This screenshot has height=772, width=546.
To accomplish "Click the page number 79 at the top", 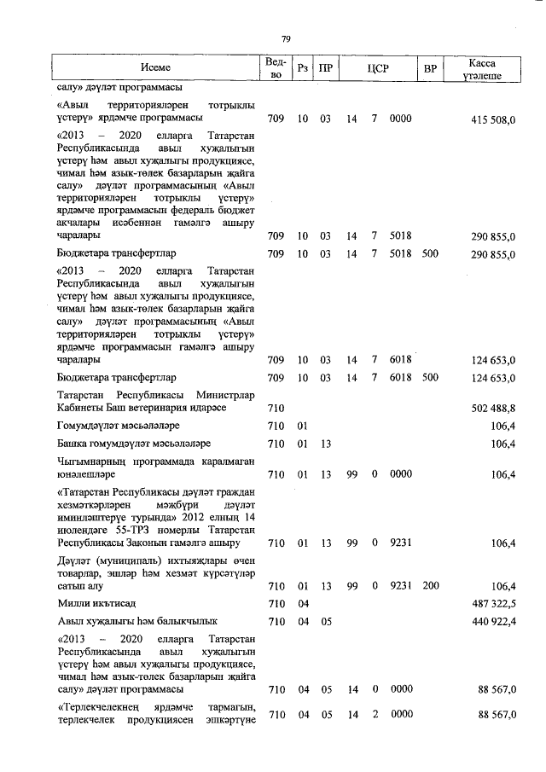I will point(286,38).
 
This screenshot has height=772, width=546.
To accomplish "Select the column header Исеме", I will point(156,67).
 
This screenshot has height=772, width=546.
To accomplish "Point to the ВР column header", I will point(430,67).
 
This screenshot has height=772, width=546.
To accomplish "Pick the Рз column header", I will point(302,67).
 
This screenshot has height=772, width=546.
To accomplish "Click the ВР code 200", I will point(430,586).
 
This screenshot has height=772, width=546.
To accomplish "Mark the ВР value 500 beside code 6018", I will point(430,377).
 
